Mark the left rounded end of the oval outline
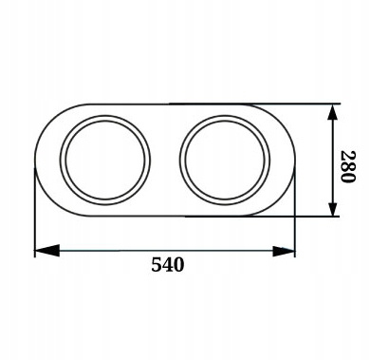coord(35,160)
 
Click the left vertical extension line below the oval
coord(35,228)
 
